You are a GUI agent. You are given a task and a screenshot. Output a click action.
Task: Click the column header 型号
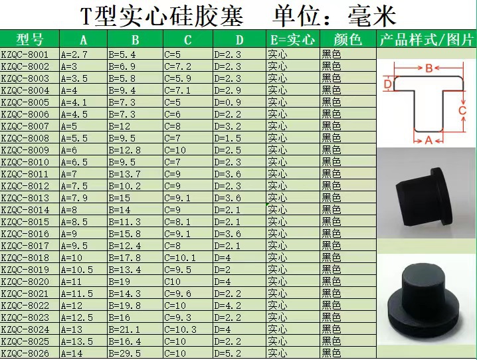(29, 39)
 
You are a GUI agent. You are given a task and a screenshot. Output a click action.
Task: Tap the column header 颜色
(347, 39)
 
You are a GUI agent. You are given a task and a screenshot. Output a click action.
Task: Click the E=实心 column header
(292, 39)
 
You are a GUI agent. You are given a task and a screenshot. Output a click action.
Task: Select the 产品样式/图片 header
(426, 39)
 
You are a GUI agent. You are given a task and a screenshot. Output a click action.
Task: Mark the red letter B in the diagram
(429, 68)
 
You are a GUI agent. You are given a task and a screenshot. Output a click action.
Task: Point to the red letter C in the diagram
(463, 110)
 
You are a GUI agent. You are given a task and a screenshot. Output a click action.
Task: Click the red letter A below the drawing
(429, 139)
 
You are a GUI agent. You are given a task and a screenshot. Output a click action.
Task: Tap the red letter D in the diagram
(387, 84)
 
